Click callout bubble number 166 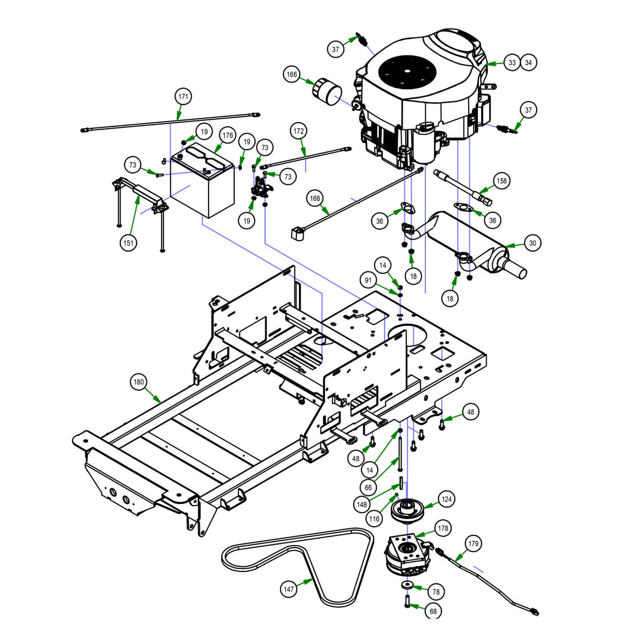(x=292, y=74)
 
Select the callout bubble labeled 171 (x=183, y=97)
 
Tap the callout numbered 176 (x=228, y=135)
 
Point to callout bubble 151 (x=129, y=243)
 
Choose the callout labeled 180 (x=138, y=382)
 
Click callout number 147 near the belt (x=288, y=589)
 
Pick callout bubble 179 (x=473, y=544)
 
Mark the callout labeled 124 (x=446, y=499)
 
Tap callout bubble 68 (x=433, y=611)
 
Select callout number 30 (x=533, y=243)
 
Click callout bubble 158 (x=502, y=181)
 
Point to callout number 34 (x=529, y=63)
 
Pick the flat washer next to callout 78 (x=407, y=585)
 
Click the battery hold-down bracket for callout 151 (x=139, y=194)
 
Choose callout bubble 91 (x=368, y=280)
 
